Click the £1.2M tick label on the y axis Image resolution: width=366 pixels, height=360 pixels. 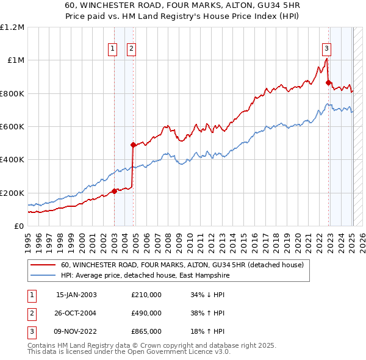(x=12, y=27)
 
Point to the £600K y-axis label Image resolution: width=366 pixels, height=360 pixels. (x=12, y=126)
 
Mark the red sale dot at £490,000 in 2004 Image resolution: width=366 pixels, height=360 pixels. (x=133, y=145)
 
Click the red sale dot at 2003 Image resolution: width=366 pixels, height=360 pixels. (x=114, y=191)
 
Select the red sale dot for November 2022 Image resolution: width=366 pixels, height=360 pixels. (x=328, y=82)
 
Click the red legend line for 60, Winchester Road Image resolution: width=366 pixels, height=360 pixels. (x=43, y=265)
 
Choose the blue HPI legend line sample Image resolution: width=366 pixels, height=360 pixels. (x=43, y=275)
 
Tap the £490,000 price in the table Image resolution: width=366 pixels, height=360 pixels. (x=146, y=313)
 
